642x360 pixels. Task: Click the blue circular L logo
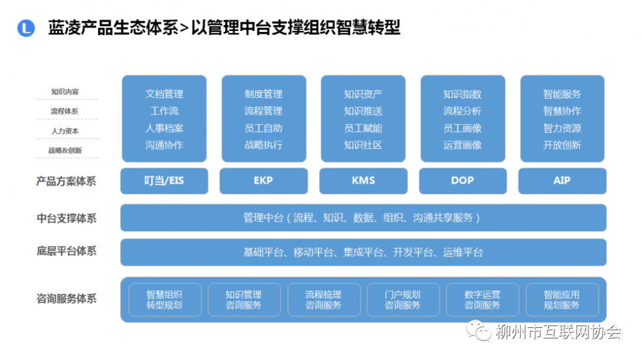(26, 28)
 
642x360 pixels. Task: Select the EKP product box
(263, 181)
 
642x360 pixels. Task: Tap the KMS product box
(363, 181)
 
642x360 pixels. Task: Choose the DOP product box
(462, 181)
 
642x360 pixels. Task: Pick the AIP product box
(562, 181)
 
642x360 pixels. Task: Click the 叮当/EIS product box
(164, 181)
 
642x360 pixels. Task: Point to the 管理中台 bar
(363, 218)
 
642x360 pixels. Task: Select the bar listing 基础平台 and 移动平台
(363, 252)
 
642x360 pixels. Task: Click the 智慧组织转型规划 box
(164, 300)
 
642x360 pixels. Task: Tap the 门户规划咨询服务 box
(402, 300)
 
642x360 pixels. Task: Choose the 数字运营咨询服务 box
(482, 300)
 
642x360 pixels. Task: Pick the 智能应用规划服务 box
(562, 300)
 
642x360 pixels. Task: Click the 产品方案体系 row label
(66, 181)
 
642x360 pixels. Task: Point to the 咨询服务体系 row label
(66, 299)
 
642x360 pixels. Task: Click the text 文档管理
(164, 94)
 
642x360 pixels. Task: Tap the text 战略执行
(263, 145)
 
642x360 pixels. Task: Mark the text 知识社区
(363, 145)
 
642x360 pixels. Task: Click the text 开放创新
(562, 145)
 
